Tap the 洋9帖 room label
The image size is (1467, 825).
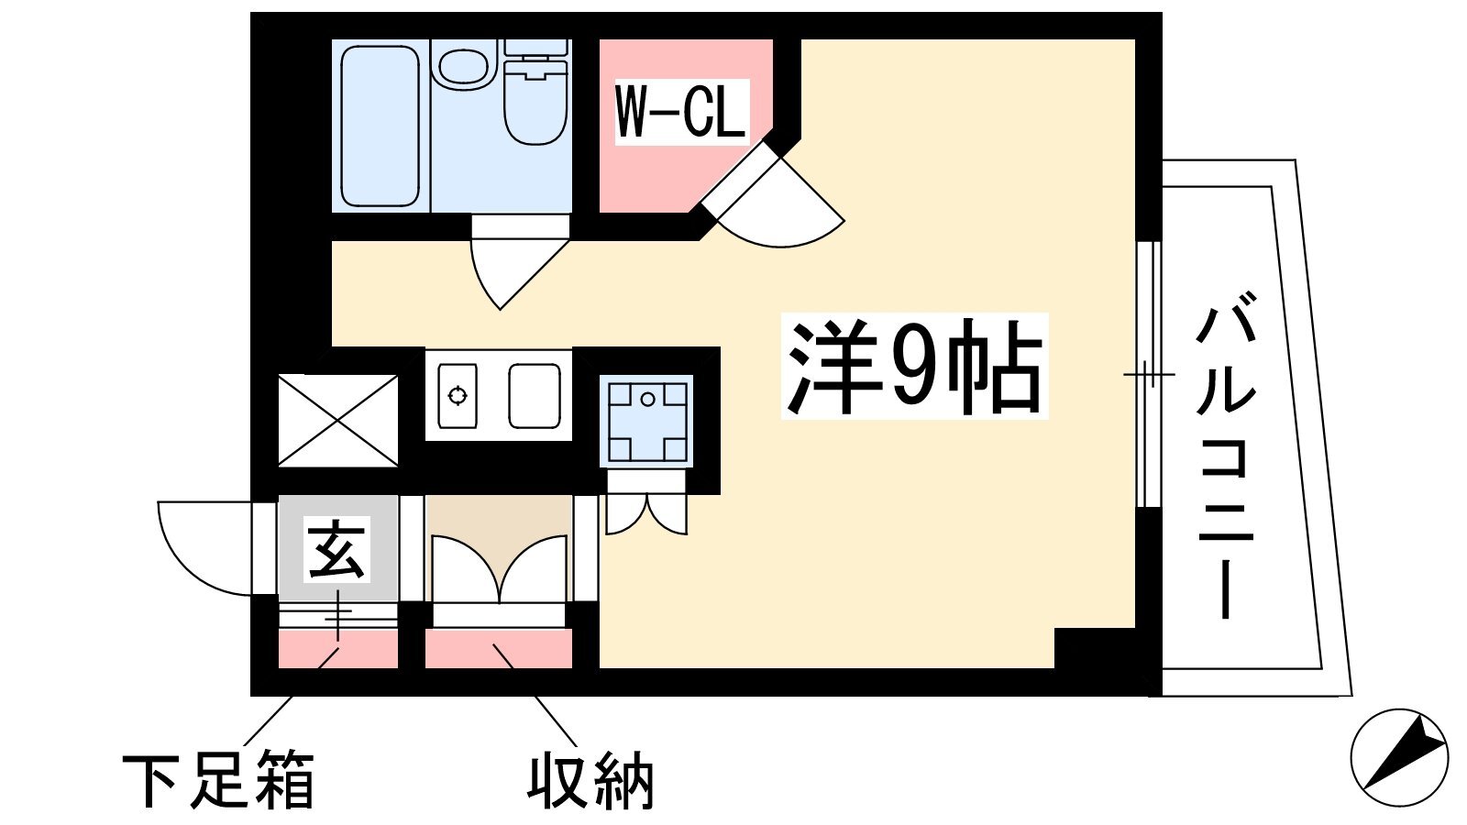914,367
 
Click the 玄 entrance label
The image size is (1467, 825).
336,550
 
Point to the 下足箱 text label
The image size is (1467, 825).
219,780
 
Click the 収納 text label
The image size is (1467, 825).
590,780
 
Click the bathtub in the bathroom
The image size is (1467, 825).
380,126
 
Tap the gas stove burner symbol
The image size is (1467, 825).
458,395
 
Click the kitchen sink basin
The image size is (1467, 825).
535,395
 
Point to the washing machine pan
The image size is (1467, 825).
647,421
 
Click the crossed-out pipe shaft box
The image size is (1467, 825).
338,421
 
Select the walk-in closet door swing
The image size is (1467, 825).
773,195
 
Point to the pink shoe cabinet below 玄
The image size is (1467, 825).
338,648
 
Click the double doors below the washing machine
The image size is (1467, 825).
645,513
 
